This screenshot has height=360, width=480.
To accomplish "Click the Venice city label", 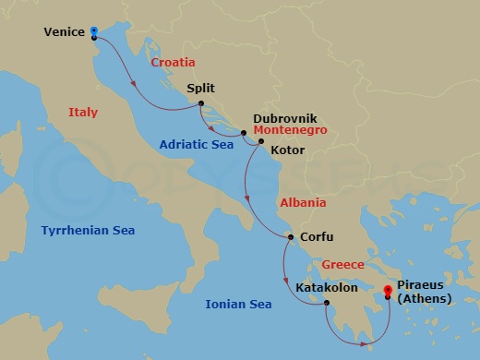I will (x=66, y=33).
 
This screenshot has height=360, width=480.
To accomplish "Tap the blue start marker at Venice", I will (x=95, y=31).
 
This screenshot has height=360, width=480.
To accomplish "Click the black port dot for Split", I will (x=199, y=104).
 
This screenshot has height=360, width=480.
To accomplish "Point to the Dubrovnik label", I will (x=285, y=119).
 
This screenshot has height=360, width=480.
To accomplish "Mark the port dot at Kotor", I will (x=261, y=142).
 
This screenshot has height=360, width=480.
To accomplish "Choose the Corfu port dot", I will (x=291, y=238).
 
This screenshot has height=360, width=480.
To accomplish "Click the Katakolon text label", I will (x=328, y=287).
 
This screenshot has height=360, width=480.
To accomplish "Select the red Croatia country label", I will (x=173, y=62).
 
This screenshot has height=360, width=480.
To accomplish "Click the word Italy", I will (x=83, y=112).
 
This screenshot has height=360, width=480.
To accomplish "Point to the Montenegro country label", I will (x=287, y=131).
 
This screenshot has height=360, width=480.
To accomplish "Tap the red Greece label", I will (x=343, y=265).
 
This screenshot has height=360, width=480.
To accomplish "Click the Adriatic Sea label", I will (x=196, y=144).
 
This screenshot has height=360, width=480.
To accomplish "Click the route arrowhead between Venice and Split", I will (x=136, y=87).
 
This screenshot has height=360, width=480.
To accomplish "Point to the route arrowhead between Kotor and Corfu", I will (x=247, y=194).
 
